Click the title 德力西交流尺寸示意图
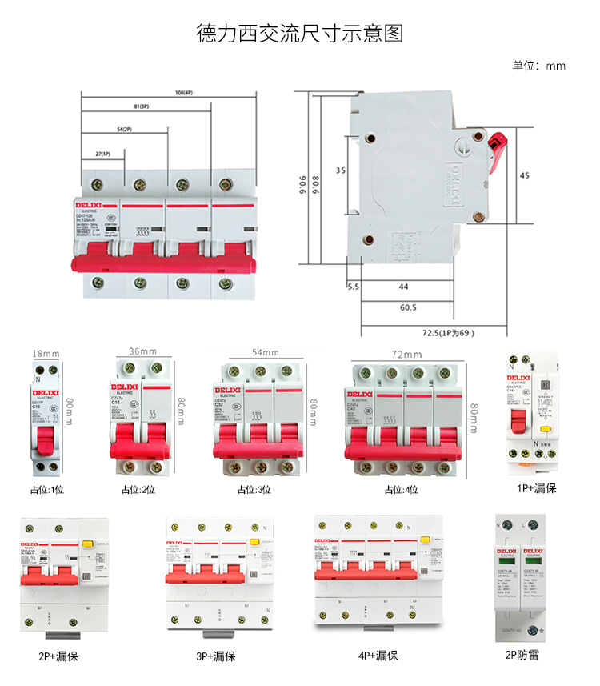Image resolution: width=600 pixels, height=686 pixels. pyautogui.click(x=300, y=34)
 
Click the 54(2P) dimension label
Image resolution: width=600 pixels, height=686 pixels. pyautogui.click(x=124, y=129)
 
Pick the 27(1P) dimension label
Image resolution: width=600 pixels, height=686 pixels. pyautogui.click(x=102, y=153)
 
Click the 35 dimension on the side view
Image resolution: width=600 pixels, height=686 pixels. pyautogui.click(x=340, y=171)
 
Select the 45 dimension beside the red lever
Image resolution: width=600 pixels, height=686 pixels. pyautogui.click(x=525, y=175)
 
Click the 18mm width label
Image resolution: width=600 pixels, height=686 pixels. pyautogui.click(x=45, y=352)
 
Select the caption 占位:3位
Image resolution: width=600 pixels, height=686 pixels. pyautogui.click(x=254, y=490)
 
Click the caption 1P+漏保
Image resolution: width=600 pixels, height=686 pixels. pyautogui.click(x=536, y=487)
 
